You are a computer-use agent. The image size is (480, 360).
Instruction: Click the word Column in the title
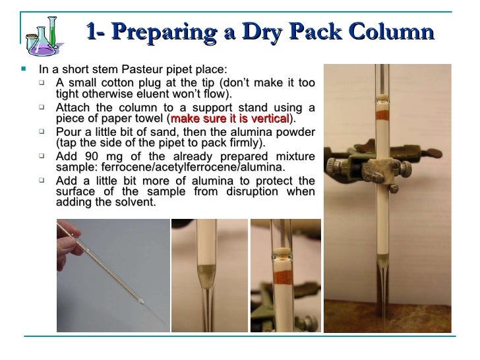pyautogui.click(x=391, y=32)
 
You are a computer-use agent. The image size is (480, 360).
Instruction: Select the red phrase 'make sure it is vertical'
pyautogui.click(x=230, y=119)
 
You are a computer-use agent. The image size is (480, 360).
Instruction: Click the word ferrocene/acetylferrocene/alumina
pyautogui.click(x=193, y=167)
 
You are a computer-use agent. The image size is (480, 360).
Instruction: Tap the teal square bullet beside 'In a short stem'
pyautogui.click(x=24, y=69)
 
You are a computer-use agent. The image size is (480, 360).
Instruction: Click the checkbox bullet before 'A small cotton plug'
pyautogui.click(x=42, y=82)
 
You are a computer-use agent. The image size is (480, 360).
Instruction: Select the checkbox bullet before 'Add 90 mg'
pyautogui.click(x=42, y=156)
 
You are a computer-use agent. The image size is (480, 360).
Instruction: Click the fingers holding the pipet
pyautogui.click(x=68, y=242)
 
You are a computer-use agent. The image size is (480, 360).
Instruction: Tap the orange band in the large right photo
pyautogui.click(x=382, y=115)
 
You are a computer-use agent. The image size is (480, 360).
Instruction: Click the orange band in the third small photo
pyautogui.click(x=283, y=278)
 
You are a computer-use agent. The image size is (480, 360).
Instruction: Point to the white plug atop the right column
pyautogui.click(x=382, y=98)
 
